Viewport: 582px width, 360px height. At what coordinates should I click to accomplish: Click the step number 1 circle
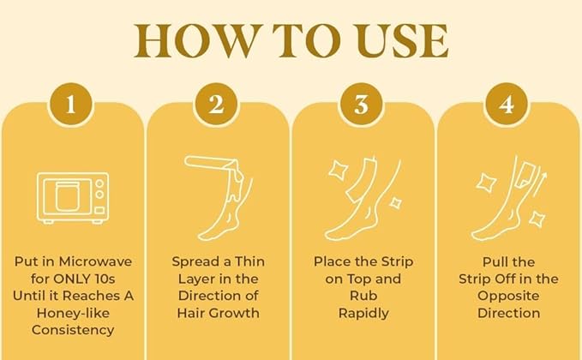coord(71,106)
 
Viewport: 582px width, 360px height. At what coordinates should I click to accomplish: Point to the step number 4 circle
coord(507,106)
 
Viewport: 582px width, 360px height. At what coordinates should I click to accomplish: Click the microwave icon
coord(72,197)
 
